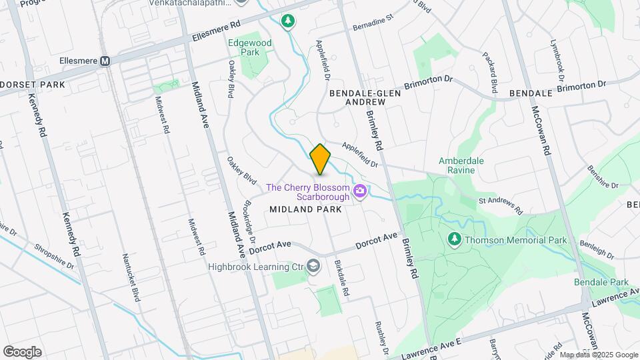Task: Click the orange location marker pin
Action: click(x=321, y=159)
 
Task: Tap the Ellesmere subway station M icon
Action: click(x=105, y=61)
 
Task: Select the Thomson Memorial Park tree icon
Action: click(x=454, y=239)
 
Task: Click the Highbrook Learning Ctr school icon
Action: click(x=313, y=267)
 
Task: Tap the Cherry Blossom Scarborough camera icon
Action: click(x=360, y=192)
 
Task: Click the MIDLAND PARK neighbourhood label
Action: click(x=305, y=209)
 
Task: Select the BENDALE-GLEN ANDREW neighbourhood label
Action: click(x=367, y=97)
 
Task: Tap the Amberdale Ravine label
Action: click(x=466, y=165)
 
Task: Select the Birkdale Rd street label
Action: click(x=342, y=278)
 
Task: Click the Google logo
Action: click(x=22, y=352)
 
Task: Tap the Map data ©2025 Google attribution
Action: click(x=598, y=355)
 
